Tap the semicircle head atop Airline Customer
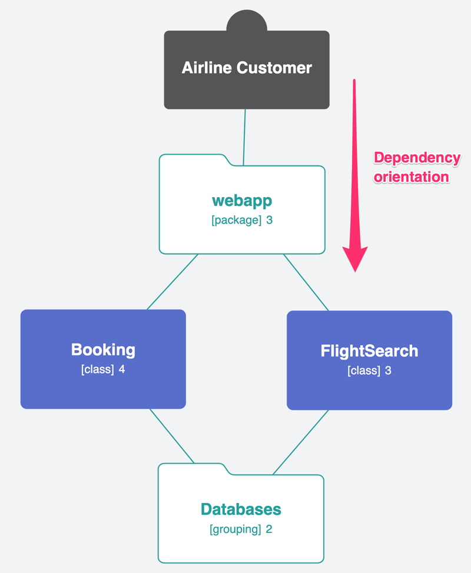click(247, 21)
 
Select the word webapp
click(242, 201)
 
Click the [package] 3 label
click(242, 221)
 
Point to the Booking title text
click(103, 349)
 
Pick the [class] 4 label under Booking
click(103, 370)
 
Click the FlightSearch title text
click(369, 351)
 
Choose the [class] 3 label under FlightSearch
click(369, 371)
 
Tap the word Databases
click(241, 509)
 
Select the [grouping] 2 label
click(241, 529)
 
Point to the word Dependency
click(417, 158)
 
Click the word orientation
click(412, 177)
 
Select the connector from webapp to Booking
click(172, 282)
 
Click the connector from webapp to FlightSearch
click(306, 282)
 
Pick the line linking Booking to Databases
click(172, 436)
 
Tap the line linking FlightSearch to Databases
click(300, 442)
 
